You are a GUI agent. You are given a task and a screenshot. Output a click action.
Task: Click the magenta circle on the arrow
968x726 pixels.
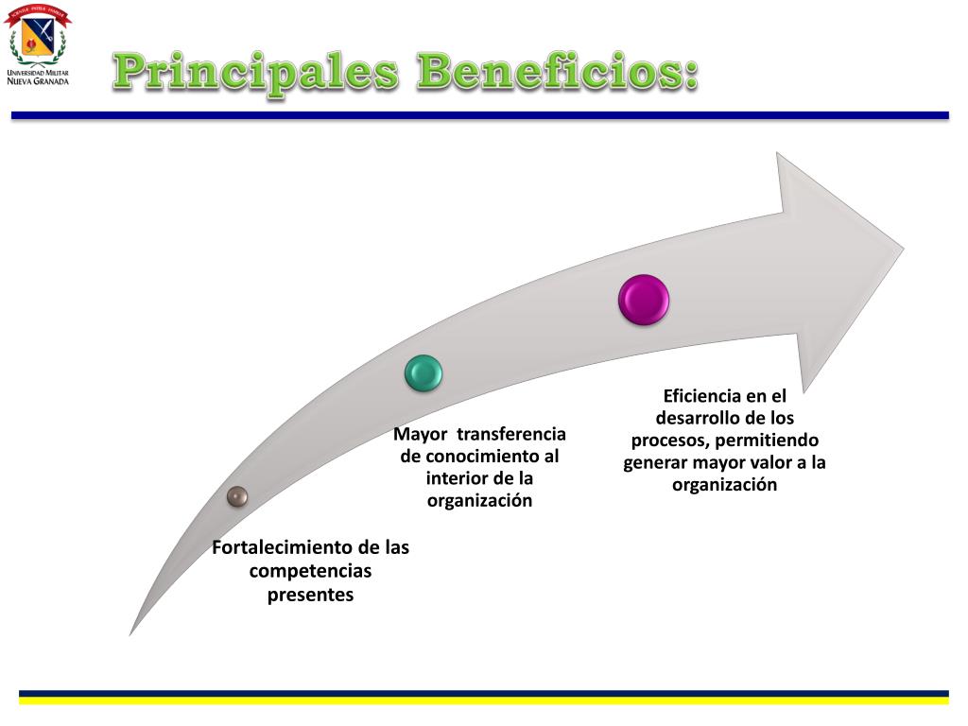click(644, 300)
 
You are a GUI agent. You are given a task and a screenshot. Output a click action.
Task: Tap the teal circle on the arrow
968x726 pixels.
click(423, 373)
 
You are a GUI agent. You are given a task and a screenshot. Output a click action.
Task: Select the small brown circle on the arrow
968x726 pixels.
click(237, 495)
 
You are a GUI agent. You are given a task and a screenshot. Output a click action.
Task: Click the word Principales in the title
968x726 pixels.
click(254, 74)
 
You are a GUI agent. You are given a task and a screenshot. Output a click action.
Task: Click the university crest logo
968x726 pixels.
click(37, 37)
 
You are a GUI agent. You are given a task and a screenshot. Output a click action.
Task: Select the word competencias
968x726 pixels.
click(310, 571)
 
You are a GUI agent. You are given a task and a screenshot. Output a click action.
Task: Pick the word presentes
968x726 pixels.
click(310, 595)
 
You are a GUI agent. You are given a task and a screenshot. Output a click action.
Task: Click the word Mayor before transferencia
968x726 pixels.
click(420, 434)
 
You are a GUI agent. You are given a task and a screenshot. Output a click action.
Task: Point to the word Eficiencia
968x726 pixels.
click(701, 396)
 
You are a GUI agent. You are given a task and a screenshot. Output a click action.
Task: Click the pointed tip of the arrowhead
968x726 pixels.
click(902, 248)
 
